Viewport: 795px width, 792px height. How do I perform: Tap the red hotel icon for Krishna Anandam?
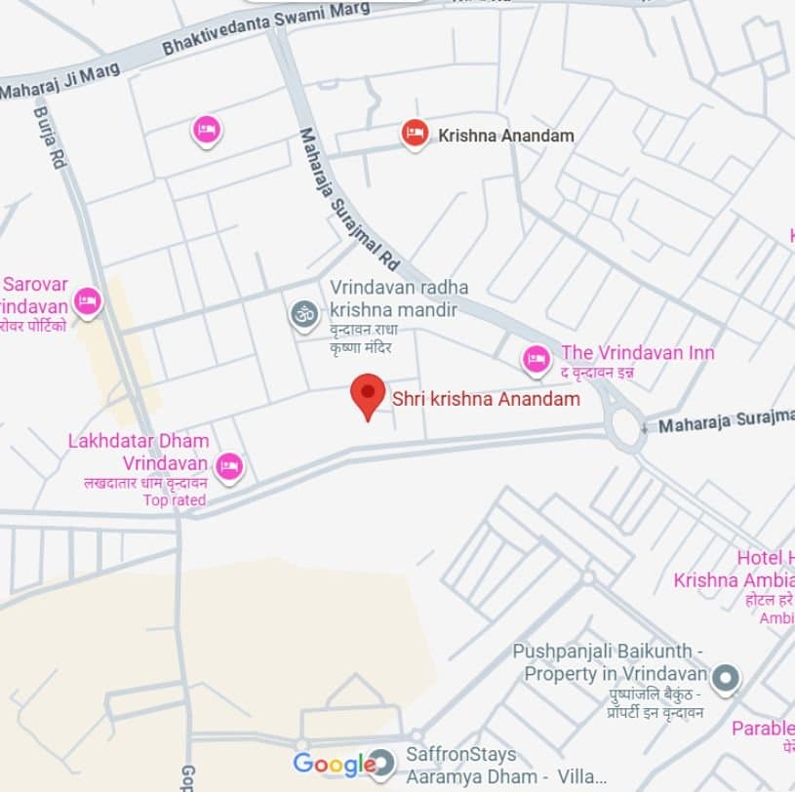tap(415, 135)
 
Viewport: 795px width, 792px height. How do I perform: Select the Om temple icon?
tap(304, 314)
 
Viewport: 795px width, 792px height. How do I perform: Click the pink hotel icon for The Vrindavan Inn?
tap(536, 360)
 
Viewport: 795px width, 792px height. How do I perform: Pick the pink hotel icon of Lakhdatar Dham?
tap(229, 466)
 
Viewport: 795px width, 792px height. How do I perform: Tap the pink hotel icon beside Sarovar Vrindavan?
tap(88, 301)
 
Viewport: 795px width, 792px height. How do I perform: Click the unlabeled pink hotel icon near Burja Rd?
tap(206, 129)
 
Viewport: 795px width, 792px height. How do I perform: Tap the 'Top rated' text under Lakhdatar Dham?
tap(175, 500)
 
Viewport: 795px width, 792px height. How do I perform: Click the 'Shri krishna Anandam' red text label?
tap(486, 399)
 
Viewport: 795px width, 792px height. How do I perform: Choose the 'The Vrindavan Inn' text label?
tap(637, 353)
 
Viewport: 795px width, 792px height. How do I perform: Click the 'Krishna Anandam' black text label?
tap(506, 136)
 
